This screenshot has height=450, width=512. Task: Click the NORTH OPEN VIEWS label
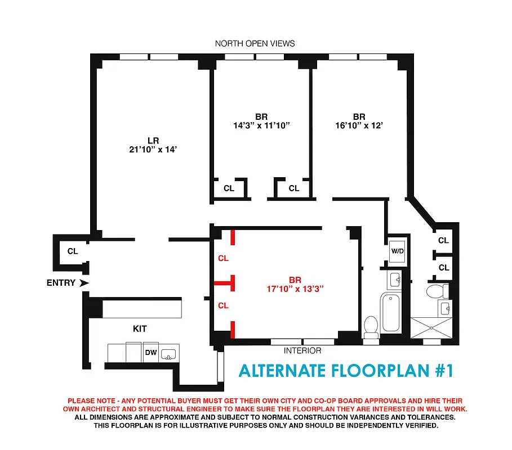coord(255,43)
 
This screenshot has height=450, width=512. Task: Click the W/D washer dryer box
coord(397,251)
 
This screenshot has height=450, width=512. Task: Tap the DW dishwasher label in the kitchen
coord(151,353)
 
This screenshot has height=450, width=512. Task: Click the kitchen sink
coord(168,354)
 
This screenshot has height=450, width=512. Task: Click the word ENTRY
coord(61,283)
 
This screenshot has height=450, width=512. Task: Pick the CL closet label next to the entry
coord(73,251)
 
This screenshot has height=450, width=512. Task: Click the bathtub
coord(390,313)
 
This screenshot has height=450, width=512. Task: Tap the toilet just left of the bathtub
coord(371,327)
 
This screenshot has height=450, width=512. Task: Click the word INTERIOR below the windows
coord(302,351)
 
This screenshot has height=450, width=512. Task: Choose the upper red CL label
coord(223,259)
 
